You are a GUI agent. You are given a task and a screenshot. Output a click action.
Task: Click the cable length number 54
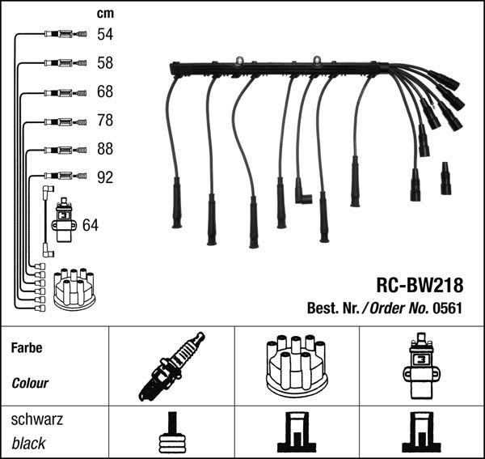click(104, 34)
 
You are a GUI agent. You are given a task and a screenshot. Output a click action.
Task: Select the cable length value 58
click(104, 62)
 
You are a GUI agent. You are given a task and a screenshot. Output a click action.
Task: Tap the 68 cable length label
click(104, 91)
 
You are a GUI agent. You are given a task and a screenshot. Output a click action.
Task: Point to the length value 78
click(104, 121)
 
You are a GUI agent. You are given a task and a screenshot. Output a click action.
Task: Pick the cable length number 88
click(104, 149)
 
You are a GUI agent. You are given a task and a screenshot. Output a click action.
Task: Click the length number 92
click(104, 177)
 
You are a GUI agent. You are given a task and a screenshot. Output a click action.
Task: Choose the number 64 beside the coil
click(91, 224)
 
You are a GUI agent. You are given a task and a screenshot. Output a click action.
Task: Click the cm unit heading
click(104, 12)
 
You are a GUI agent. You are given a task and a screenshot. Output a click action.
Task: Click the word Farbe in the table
click(27, 349)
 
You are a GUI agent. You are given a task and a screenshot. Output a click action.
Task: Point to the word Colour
click(30, 383)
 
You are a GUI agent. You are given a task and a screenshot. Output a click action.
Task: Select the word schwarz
click(36, 420)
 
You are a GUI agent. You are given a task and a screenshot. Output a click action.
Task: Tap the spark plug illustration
click(171, 365)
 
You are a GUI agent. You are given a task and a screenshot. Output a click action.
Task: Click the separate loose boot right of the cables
click(445, 179)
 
